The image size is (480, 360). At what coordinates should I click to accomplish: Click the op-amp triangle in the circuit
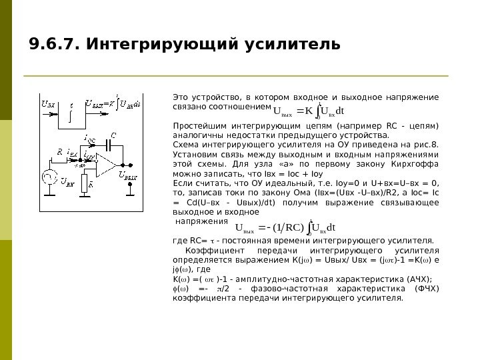103,163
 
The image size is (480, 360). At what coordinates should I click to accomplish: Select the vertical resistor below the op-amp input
84,181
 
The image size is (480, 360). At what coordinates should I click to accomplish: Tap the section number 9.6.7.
54,44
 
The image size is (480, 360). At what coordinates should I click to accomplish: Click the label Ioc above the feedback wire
89,139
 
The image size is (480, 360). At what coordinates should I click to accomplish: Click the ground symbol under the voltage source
49,197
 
